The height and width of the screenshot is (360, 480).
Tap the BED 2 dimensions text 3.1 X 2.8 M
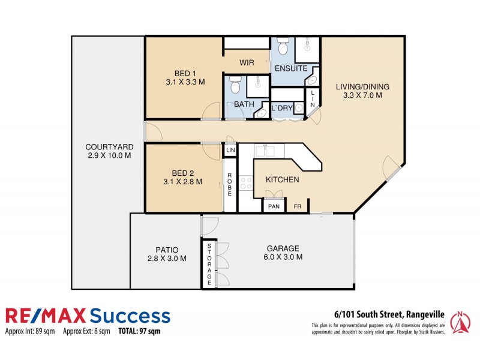click(182, 181)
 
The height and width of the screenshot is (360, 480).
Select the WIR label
click(247, 62)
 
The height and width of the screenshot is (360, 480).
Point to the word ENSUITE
click(291, 68)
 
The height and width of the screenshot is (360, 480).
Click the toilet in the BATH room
click(235, 88)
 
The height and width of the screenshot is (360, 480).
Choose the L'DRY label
click(281, 109)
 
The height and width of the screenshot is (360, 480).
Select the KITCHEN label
click(282, 179)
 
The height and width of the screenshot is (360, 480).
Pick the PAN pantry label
click(274, 206)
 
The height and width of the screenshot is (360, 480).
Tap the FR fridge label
click(298, 206)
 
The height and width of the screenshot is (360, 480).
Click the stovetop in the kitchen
click(245, 182)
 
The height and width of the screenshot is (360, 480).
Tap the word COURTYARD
click(109, 146)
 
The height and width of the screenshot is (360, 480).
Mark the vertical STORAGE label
click(209, 265)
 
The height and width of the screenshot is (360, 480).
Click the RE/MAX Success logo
click(88, 316)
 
